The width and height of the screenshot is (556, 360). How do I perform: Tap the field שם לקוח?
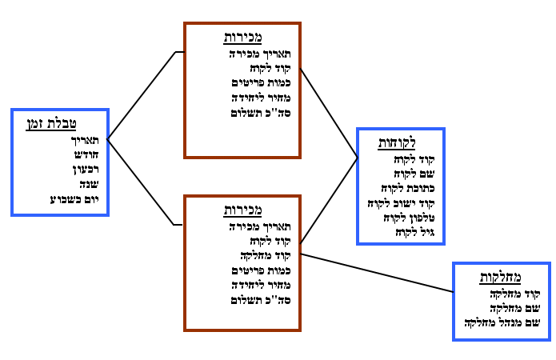click(x=411, y=173)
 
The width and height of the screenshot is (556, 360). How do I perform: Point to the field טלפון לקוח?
click(x=407, y=218)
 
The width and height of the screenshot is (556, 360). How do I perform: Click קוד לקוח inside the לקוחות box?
click(x=414, y=158)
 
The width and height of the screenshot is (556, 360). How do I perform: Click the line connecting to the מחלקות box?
click(x=376, y=273)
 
